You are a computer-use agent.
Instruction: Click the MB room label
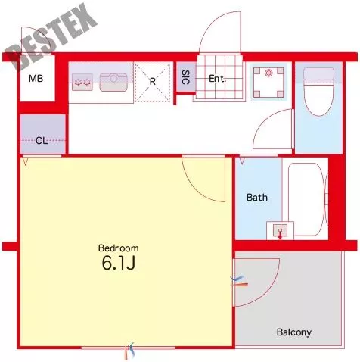(36, 79)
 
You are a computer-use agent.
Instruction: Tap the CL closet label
(42, 141)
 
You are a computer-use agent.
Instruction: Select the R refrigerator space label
(153, 82)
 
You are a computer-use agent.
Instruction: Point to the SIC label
(185, 77)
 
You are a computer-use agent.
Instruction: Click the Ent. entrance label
(217, 79)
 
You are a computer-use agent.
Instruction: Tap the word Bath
(257, 197)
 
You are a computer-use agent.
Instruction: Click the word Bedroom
(118, 248)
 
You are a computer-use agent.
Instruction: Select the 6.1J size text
(119, 264)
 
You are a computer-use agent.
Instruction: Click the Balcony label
(293, 332)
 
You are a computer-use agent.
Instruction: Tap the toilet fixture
(319, 92)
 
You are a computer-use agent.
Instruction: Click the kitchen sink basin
(113, 82)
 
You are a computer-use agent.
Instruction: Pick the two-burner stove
(82, 82)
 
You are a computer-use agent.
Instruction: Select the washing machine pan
(268, 82)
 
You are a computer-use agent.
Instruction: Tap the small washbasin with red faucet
(280, 230)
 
